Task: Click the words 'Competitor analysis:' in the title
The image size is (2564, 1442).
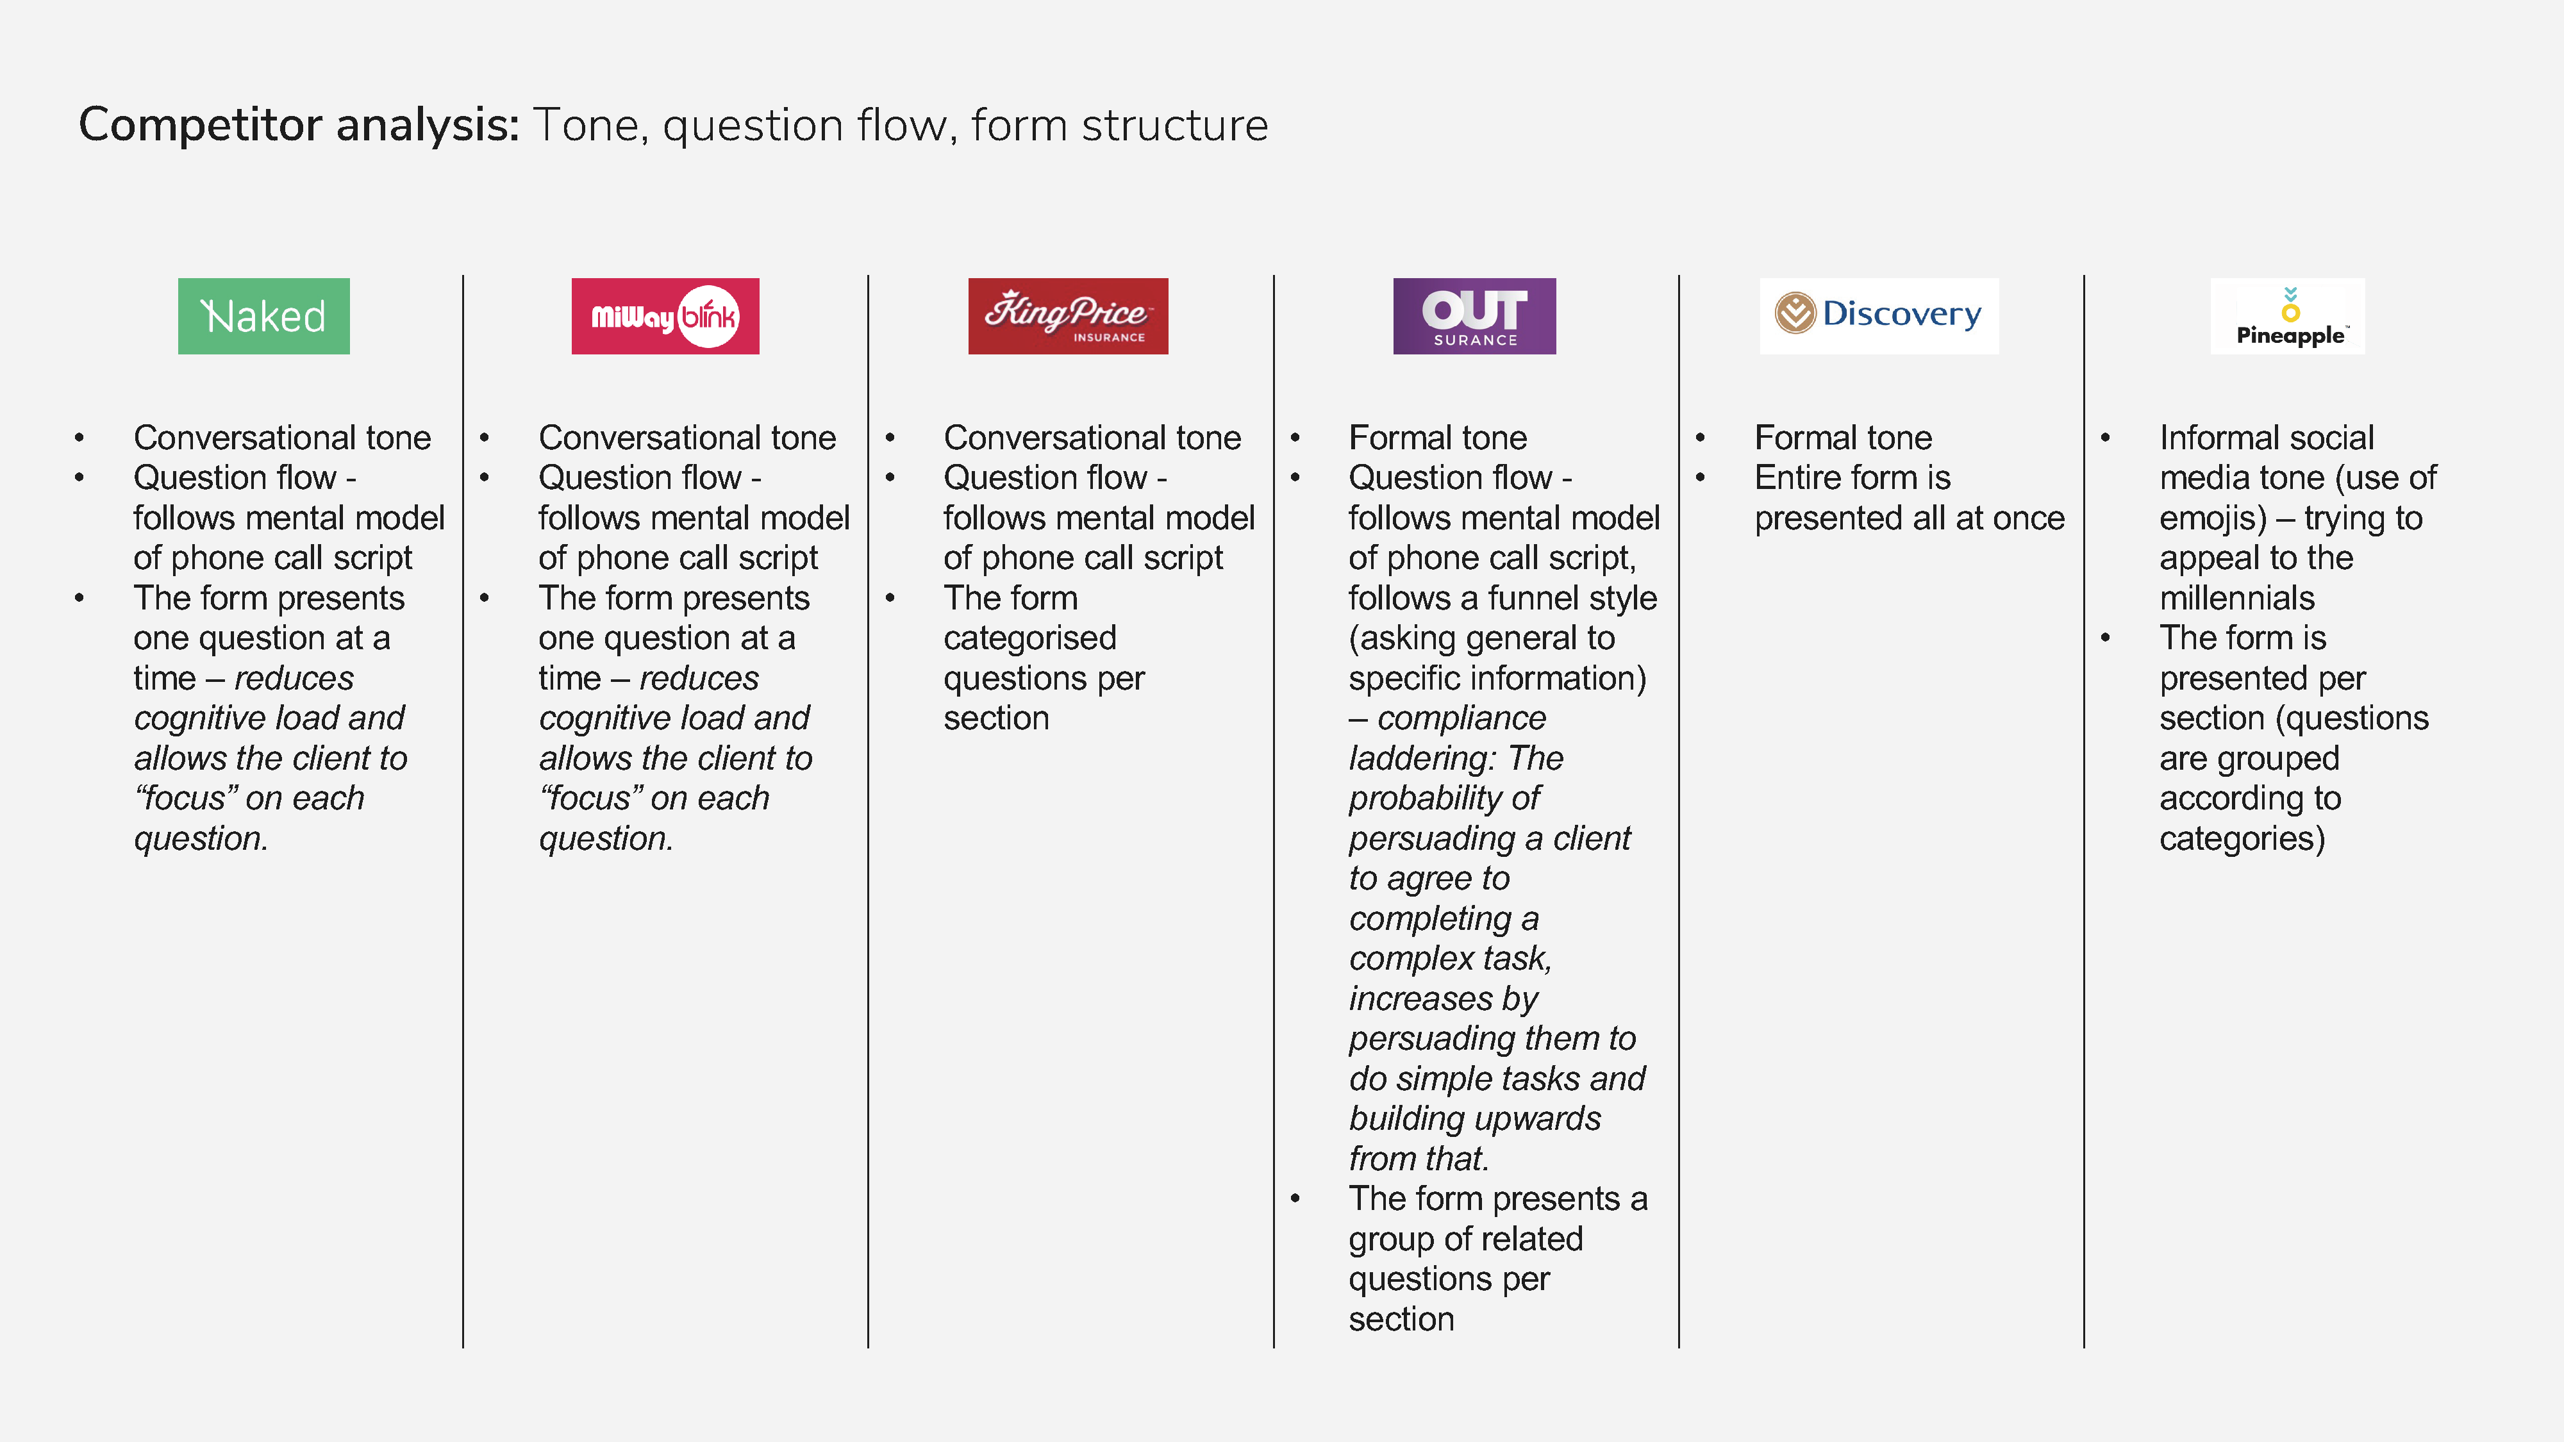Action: click(299, 126)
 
